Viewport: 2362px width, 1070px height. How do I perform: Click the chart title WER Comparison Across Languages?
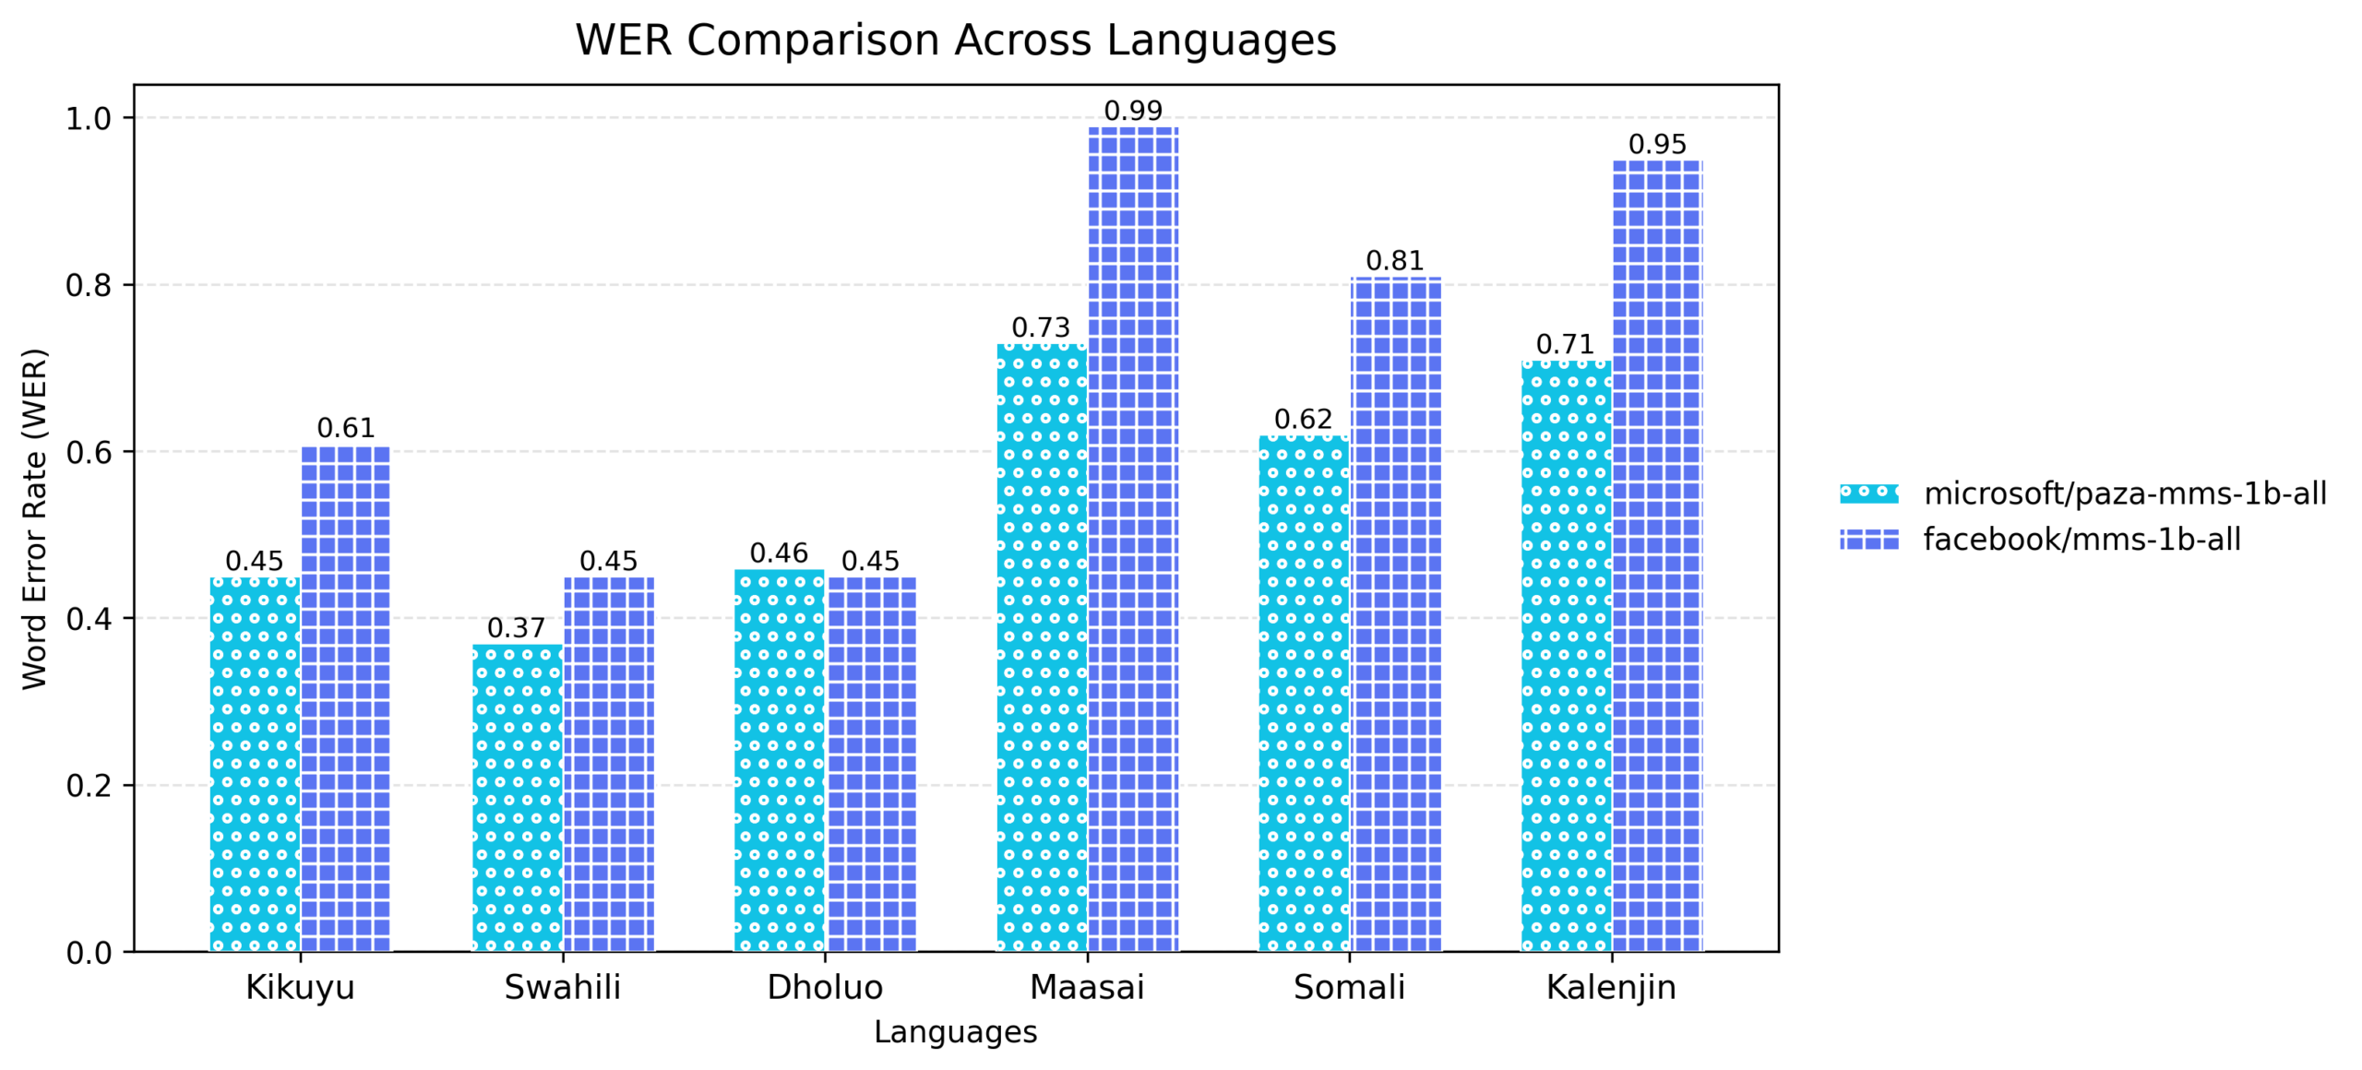click(955, 41)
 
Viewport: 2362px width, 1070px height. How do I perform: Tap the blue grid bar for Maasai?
click(1132, 540)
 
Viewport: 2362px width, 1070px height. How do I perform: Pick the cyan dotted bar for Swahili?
click(517, 798)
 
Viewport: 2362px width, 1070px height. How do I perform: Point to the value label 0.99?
click(1132, 111)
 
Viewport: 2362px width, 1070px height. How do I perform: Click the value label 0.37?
click(516, 628)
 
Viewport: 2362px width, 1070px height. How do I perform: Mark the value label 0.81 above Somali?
click(1394, 261)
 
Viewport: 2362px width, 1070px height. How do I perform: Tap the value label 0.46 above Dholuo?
click(779, 553)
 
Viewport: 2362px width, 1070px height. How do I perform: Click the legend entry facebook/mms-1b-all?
click(2081, 540)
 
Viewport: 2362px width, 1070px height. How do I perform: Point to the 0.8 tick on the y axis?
click(89, 286)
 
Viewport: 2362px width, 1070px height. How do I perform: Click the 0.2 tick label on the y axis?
click(89, 786)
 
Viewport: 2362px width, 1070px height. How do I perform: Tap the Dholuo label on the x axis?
click(825, 988)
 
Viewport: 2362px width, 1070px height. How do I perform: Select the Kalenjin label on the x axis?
click(1610, 988)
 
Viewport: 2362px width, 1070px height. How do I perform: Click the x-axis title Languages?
click(955, 1032)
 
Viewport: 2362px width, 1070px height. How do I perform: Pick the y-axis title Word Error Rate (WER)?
click(34, 518)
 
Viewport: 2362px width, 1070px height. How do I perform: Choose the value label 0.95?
click(1656, 145)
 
